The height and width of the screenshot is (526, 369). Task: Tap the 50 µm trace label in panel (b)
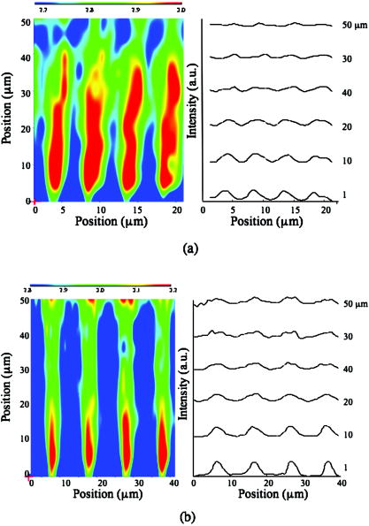click(x=350, y=303)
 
